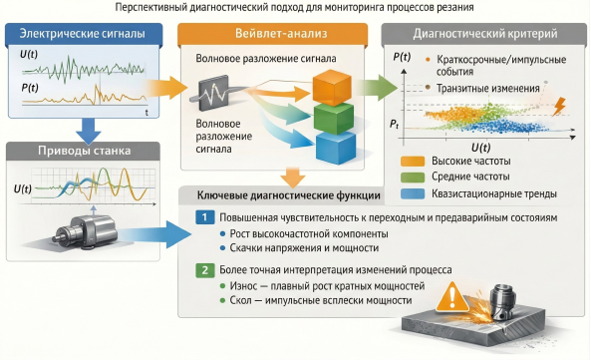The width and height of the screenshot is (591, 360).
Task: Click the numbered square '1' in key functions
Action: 202,216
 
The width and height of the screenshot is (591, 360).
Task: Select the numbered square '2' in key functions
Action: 202,269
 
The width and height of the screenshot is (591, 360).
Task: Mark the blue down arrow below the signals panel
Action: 87,128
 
